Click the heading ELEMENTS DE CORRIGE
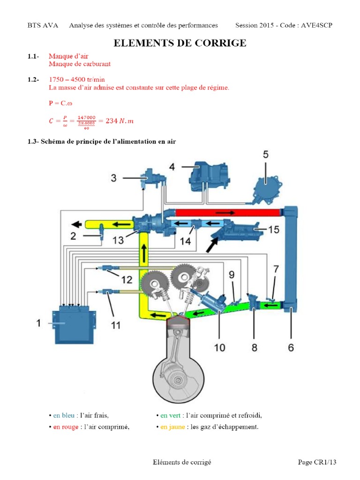[180, 43]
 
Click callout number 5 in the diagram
[265, 155]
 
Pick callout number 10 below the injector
[219, 347]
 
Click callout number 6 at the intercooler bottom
[291, 348]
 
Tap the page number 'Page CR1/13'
[317, 462]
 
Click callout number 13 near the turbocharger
[118, 240]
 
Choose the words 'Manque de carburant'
[79, 64]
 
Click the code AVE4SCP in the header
[316, 25]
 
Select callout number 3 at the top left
[113, 178]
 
